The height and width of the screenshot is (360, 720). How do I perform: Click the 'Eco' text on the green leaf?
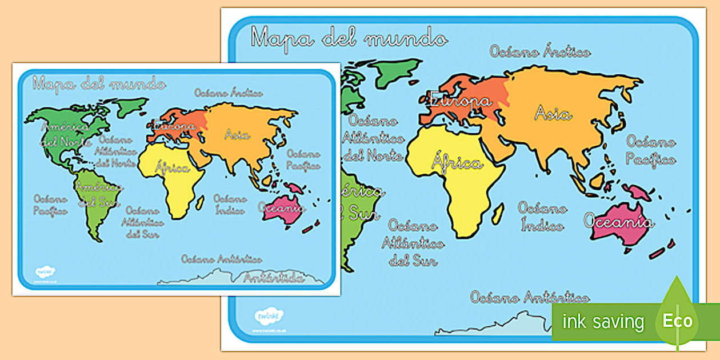(x=678, y=321)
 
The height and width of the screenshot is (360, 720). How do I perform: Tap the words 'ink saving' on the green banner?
(x=602, y=322)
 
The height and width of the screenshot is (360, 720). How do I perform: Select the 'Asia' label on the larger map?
(x=553, y=114)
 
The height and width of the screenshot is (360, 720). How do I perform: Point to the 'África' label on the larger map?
(x=457, y=163)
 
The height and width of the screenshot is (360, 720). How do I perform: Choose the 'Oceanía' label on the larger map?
(x=618, y=221)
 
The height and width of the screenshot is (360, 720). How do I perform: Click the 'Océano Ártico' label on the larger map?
(x=539, y=52)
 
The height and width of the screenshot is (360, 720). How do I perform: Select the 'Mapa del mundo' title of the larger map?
(x=349, y=38)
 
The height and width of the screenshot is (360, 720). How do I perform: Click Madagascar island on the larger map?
(x=498, y=214)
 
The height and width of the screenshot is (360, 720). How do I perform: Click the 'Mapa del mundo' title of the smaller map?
(x=99, y=84)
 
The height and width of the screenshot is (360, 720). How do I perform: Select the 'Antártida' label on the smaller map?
(x=273, y=278)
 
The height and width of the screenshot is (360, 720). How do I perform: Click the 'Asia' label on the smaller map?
(x=237, y=135)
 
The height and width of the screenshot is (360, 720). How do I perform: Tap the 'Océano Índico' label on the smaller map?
(x=230, y=204)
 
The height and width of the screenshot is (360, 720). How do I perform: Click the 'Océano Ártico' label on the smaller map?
(x=228, y=93)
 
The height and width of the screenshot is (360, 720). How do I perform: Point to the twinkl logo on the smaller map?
(x=44, y=271)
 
